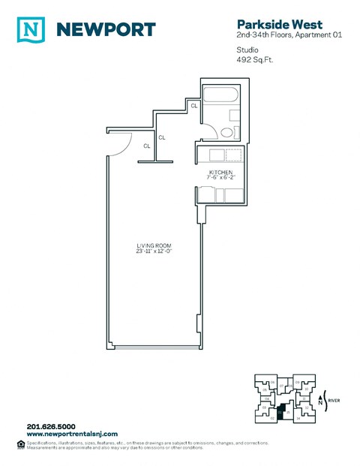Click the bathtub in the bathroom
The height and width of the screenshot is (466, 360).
click(220, 96)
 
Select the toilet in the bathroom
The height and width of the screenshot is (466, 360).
click(228, 132)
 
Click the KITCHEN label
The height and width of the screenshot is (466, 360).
click(222, 171)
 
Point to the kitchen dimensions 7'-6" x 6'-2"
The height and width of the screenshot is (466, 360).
click(222, 177)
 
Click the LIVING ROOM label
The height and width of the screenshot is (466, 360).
click(152, 245)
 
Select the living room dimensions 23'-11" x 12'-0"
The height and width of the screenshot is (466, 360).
click(152, 251)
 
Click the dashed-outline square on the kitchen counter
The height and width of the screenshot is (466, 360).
click(234, 155)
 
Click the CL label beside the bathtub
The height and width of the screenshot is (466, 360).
click(193, 105)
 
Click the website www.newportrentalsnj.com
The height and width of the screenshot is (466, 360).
click(70, 434)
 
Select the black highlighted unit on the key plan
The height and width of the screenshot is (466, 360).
click(281, 412)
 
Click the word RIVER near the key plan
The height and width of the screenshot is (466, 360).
click(334, 401)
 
